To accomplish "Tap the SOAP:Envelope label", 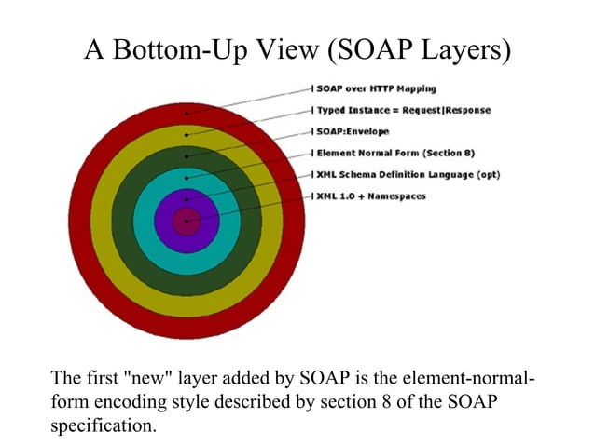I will click(x=355, y=131).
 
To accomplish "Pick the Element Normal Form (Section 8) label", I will click(x=396, y=153).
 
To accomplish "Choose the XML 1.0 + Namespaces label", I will click(x=370, y=196).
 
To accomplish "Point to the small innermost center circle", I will click(x=187, y=221).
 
